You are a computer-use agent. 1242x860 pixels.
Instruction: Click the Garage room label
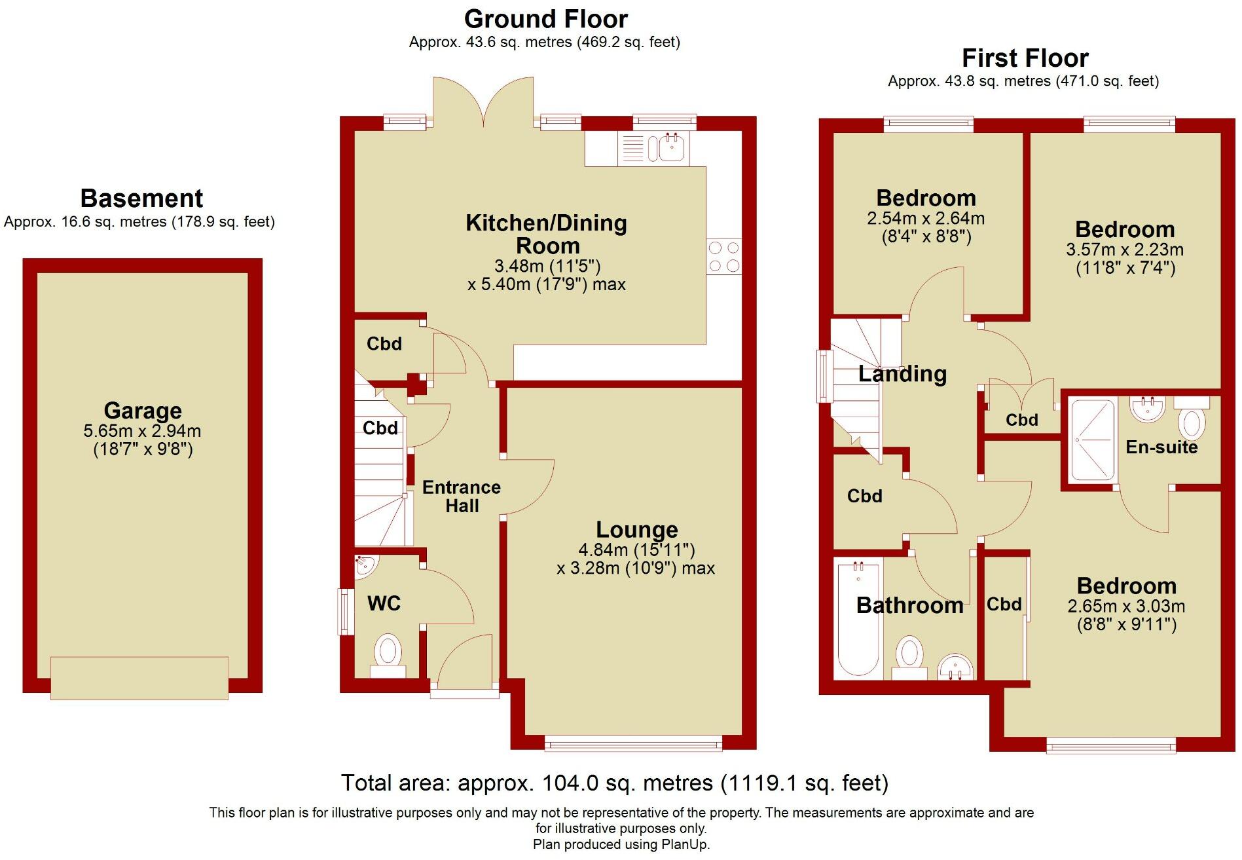tap(143, 411)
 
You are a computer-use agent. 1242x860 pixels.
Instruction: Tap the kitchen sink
tap(670, 148)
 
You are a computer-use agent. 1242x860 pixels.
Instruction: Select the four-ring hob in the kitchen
tap(723, 256)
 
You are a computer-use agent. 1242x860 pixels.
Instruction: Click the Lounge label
tap(636, 529)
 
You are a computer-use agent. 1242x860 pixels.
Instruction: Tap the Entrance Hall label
tap(462, 496)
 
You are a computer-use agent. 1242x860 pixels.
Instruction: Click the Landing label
tap(902, 374)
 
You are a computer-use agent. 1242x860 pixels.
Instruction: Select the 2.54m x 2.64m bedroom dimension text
tap(926, 219)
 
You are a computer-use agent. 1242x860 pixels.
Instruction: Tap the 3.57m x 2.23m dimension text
tap(1125, 250)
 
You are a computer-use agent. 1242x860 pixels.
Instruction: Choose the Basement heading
tap(141, 198)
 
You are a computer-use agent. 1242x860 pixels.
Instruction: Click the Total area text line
tap(614, 783)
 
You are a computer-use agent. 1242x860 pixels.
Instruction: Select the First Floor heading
tap(1025, 58)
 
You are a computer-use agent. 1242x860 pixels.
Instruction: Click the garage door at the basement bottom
tap(139, 678)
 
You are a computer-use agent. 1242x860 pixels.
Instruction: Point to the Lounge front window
tap(633, 743)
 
